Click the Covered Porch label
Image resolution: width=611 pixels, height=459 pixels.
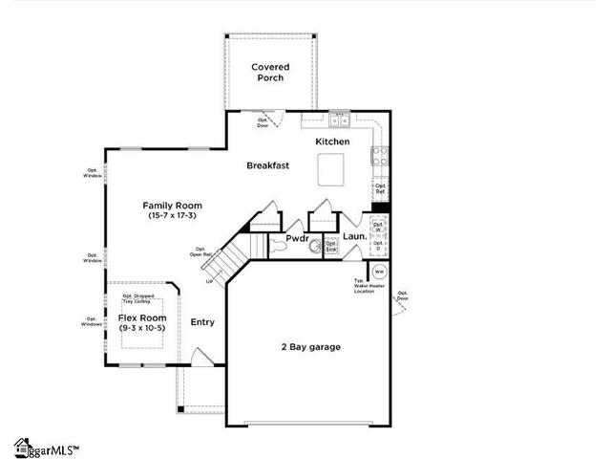270,73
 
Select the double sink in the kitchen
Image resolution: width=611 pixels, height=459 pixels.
339,120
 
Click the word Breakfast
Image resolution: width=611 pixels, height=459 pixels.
267,165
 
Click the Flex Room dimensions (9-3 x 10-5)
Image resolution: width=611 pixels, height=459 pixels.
142,328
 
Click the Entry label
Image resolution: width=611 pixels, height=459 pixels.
202,322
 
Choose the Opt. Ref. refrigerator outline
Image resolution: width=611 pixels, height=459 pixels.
380,189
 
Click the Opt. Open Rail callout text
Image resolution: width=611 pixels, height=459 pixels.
200,251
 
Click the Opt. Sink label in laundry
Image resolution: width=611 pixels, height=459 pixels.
331,244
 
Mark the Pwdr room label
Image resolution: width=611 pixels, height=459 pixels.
297,238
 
